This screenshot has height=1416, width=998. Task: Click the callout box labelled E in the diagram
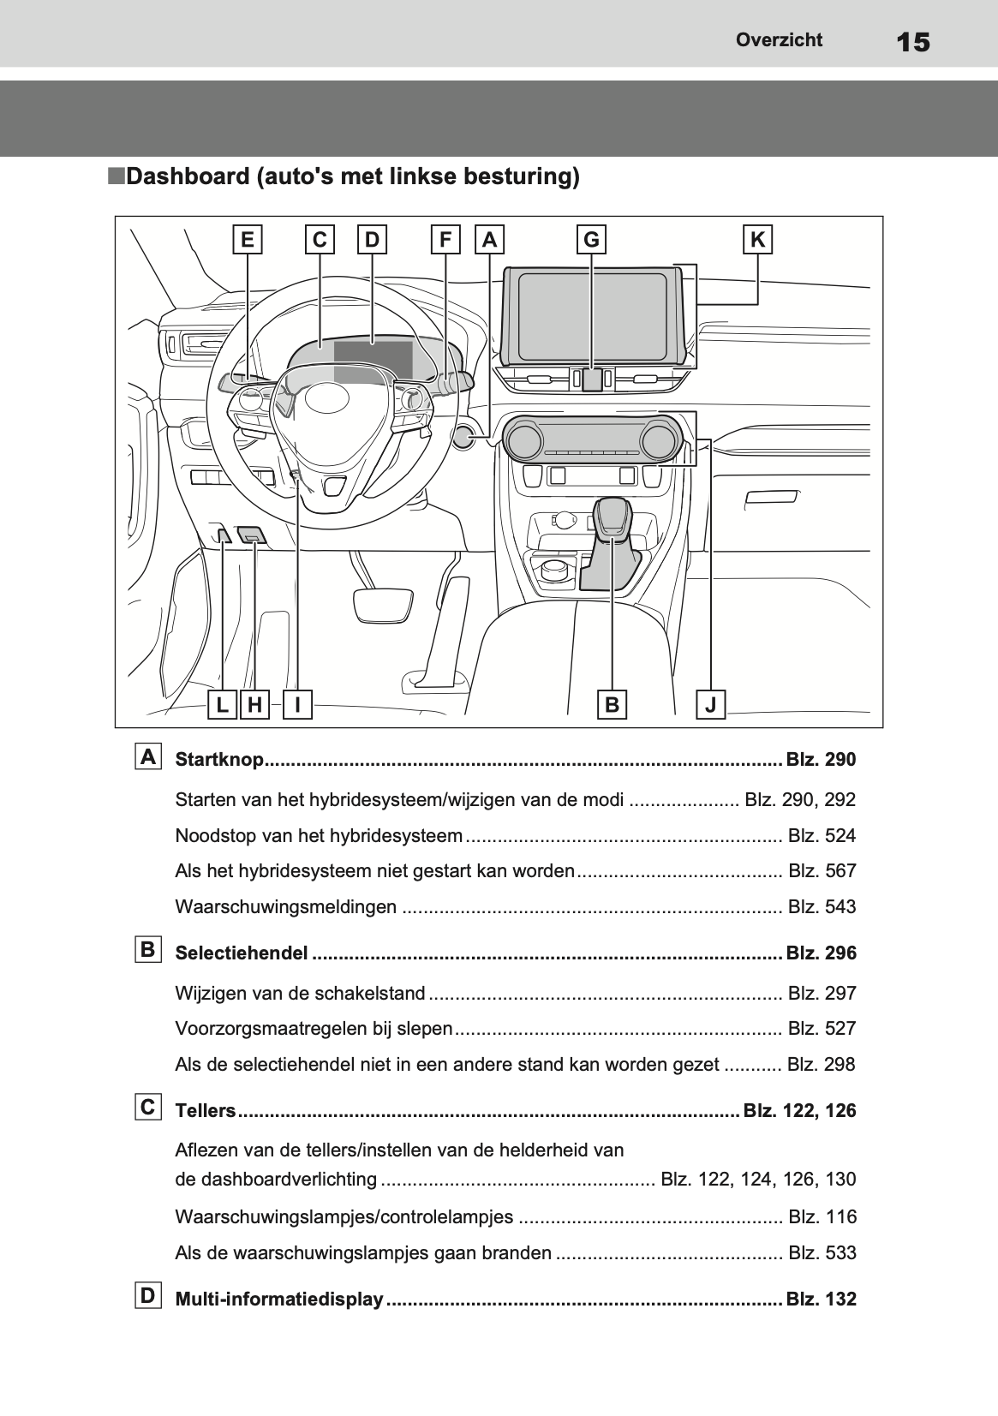pyautogui.click(x=247, y=240)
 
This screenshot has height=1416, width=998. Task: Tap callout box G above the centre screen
pyautogui.click(x=591, y=240)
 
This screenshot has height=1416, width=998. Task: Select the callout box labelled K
pyautogui.click(x=758, y=240)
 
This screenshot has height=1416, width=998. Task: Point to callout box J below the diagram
pyautogui.click(x=710, y=704)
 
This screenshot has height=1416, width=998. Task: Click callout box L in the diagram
pyautogui.click(x=222, y=704)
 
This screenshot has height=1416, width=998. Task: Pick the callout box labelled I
pyautogui.click(x=298, y=704)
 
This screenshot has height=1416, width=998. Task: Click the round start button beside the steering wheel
pyautogui.click(x=463, y=437)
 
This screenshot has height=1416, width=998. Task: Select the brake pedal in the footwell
pyautogui.click(x=383, y=604)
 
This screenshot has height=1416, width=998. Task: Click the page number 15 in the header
pyautogui.click(x=913, y=42)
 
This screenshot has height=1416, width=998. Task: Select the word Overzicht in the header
pyautogui.click(x=779, y=39)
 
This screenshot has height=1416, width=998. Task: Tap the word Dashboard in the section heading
pyautogui.click(x=188, y=176)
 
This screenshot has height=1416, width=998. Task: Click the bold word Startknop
pyautogui.click(x=219, y=759)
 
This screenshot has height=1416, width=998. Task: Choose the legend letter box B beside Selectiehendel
pyautogui.click(x=148, y=949)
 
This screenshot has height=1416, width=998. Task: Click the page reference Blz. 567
pyautogui.click(x=822, y=871)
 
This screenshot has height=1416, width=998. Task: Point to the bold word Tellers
pyautogui.click(x=206, y=1111)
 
